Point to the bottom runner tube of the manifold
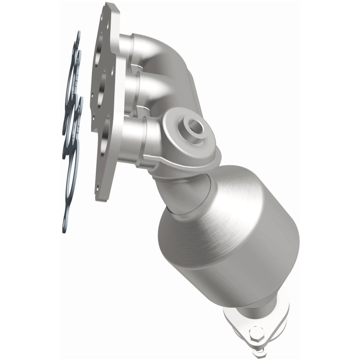(130, 135)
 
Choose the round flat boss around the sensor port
(184, 135)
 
